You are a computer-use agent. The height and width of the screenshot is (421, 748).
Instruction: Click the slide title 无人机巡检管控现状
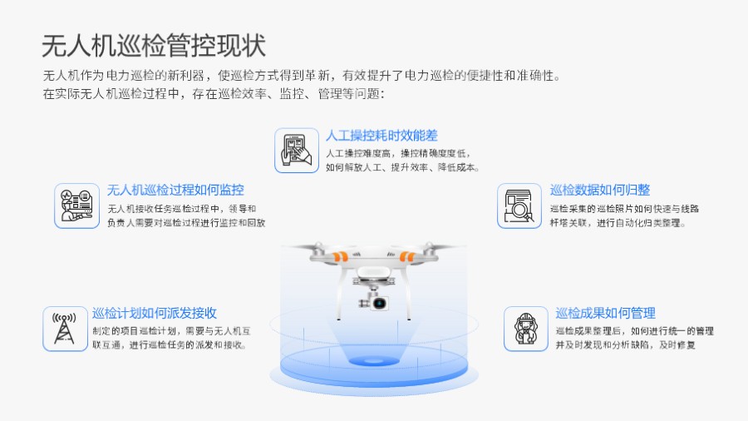153,44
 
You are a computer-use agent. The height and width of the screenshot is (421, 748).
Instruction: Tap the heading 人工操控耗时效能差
382,136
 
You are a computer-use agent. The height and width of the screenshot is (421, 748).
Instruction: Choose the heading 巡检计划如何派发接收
155,313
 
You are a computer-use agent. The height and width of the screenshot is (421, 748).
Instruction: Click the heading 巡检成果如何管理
605,313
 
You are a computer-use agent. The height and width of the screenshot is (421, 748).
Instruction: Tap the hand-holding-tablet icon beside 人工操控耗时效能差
297,150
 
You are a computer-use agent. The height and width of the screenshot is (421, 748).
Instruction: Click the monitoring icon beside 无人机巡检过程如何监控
76,206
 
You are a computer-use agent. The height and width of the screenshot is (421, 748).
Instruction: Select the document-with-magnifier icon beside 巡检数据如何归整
519,206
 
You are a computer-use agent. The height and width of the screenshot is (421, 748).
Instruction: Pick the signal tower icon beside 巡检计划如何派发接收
65,328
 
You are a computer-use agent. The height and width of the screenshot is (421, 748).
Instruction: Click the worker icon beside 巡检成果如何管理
525,328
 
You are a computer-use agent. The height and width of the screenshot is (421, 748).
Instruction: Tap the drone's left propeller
313,248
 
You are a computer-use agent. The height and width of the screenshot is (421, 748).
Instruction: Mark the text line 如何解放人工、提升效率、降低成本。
402,167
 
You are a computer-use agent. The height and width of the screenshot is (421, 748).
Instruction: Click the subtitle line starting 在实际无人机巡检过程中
214,94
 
